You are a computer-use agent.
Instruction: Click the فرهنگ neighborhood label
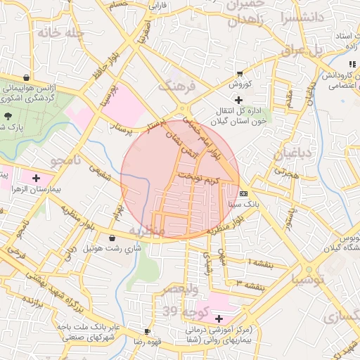[x=176, y=86]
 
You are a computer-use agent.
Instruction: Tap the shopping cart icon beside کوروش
[x=240, y=73]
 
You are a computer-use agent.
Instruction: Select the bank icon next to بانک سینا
[x=244, y=193]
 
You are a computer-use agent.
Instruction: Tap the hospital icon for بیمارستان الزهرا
[x=36, y=179]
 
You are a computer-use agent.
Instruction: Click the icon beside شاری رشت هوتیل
[x=112, y=238]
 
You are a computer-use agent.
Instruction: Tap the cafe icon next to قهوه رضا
[x=147, y=331]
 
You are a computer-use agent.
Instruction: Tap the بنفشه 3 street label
[x=250, y=285]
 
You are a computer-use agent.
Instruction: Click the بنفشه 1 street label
[x=266, y=262]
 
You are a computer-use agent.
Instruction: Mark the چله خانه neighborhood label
[x=61, y=33]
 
